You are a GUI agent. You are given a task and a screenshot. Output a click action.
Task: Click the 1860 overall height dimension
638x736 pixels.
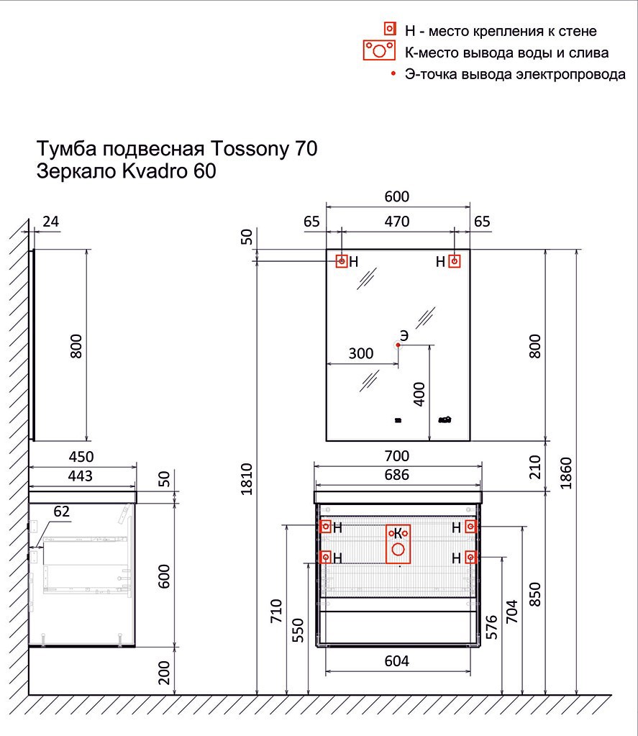[x=566, y=473]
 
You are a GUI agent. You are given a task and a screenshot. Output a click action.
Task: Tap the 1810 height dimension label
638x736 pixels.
[x=246, y=478]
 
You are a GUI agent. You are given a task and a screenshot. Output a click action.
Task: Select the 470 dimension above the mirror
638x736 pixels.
[x=397, y=221]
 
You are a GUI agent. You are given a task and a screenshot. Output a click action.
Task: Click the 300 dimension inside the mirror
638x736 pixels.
[x=361, y=353]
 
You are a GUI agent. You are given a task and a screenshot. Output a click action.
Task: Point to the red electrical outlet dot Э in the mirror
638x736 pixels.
[x=398, y=345]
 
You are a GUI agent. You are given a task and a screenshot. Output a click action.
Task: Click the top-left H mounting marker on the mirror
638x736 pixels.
[x=342, y=261]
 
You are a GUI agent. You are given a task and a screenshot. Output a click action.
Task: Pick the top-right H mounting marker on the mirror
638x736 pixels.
[x=454, y=261]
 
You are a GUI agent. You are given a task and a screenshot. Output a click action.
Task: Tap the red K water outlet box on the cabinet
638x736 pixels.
[x=398, y=544]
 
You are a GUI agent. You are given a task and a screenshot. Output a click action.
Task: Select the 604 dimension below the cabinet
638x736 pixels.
[x=397, y=661]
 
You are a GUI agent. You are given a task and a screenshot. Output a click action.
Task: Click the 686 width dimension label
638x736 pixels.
[x=397, y=475]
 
